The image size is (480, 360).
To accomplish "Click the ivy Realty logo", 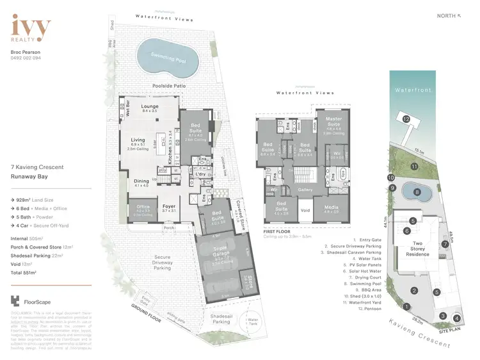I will (31, 29).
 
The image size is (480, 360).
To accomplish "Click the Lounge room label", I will (149, 108).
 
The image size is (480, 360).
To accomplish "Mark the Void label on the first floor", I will (305, 209).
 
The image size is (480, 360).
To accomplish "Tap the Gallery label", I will (305, 190).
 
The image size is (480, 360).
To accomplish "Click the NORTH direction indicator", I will (449, 15).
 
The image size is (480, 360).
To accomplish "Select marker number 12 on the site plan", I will (405, 119).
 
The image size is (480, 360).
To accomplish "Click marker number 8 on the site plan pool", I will (417, 191).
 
